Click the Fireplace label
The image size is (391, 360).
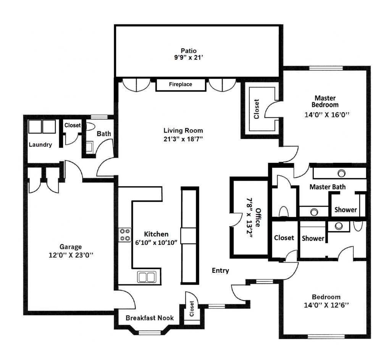[181, 84]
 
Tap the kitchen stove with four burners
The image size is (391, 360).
[125, 235]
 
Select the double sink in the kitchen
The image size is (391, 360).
[147, 277]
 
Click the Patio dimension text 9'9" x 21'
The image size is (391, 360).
[189, 58]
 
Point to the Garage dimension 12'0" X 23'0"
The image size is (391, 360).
[71, 255]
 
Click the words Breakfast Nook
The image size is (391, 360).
[150, 318]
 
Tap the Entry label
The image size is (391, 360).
[220, 271]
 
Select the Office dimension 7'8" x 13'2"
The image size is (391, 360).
[250, 218]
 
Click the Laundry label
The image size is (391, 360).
[40, 144]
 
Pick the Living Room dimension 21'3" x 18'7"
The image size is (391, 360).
[183, 139]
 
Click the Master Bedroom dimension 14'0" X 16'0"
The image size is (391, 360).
[327, 115]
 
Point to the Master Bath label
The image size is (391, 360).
[327, 187]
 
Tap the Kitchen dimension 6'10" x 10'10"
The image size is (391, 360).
[156, 242]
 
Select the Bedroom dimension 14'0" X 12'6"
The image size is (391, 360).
[326, 305]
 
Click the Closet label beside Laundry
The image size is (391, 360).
[73, 125]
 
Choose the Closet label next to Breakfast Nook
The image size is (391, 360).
[192, 309]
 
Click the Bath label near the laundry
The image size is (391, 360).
[104, 134]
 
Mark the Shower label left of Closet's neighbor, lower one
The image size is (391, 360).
[313, 238]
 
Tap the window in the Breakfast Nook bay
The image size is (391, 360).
[150, 332]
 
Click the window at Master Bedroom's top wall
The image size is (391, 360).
[326, 68]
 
